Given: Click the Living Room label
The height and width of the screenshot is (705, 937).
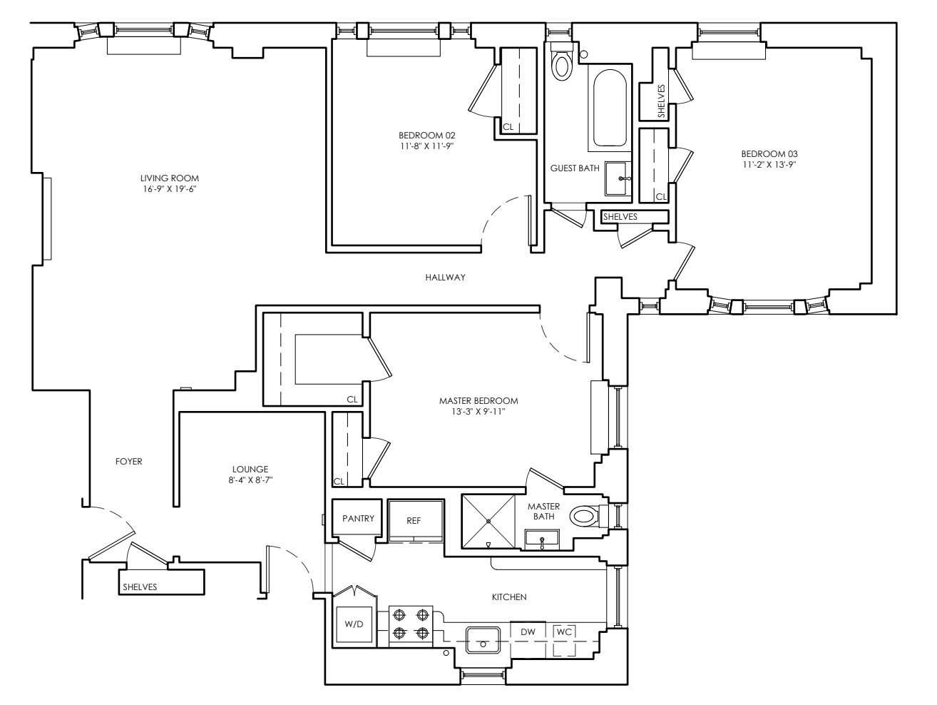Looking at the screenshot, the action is point(170,178).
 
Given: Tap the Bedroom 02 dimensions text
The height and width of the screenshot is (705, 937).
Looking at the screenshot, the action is point(426,146).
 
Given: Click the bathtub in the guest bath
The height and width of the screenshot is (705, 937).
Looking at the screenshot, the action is point(610,108).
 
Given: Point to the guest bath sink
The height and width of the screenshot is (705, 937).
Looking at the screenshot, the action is point(618,178).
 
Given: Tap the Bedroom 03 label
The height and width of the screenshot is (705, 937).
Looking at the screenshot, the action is point(769,153).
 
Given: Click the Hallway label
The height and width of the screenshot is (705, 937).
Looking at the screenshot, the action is point(445,278).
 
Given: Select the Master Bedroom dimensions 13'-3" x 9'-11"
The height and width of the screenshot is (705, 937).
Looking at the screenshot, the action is point(478,412).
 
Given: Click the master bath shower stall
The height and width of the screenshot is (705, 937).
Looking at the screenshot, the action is point(488,522).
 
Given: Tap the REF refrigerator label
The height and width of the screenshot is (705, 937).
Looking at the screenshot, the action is point(414,520).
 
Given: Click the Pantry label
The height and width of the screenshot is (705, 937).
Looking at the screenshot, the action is point(358,518).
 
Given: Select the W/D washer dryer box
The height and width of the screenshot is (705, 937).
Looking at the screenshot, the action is point(354,624).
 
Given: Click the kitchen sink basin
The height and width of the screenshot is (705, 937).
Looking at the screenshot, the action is point(483,640).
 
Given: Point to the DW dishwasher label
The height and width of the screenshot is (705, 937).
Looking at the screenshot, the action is point(528,632).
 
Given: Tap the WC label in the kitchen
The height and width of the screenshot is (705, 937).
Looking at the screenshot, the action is point(564,632).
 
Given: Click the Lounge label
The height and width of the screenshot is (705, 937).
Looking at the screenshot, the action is point(250,470).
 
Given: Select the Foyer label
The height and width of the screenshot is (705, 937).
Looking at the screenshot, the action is point(129,462).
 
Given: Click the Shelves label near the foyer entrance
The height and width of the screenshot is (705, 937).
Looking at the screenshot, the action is point(140,587).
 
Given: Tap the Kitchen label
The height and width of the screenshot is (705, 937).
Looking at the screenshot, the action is point(509,597).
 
